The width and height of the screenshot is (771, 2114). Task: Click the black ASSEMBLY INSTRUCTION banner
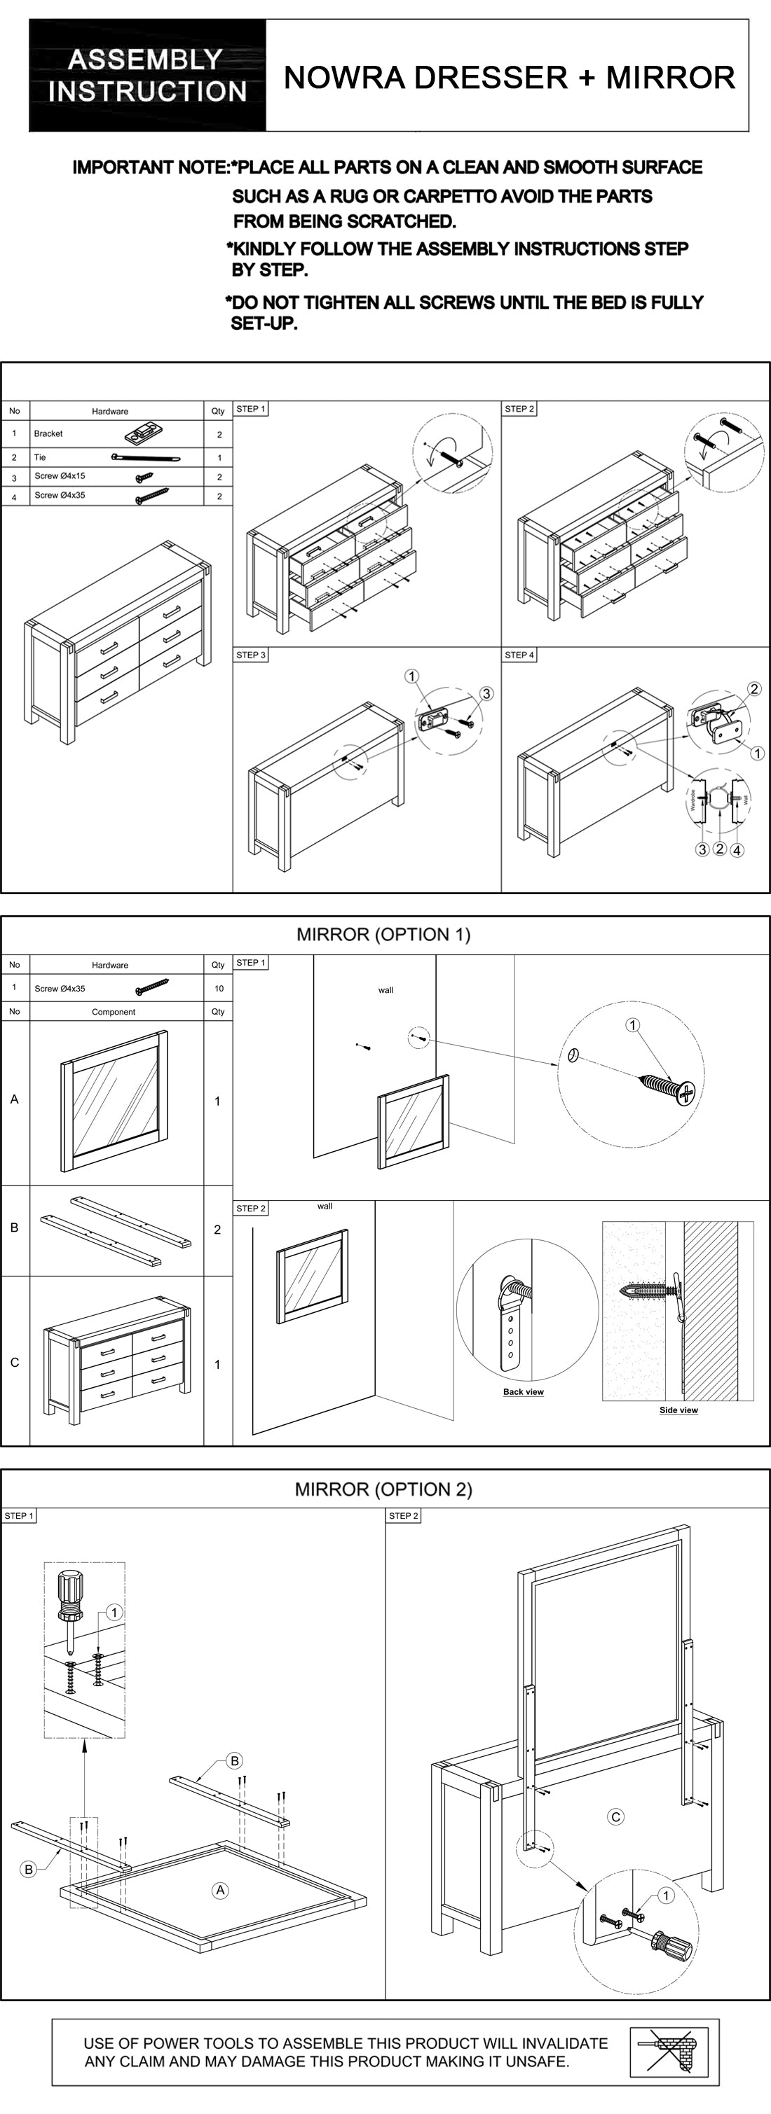click(x=148, y=76)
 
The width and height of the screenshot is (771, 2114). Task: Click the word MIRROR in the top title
click(x=670, y=78)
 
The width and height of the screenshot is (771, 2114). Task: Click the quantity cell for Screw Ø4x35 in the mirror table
click(x=219, y=988)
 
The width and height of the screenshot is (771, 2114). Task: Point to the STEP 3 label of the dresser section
click(x=250, y=655)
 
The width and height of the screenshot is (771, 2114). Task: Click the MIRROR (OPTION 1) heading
click(x=383, y=934)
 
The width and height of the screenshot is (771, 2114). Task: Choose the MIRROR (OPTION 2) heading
click(x=383, y=1489)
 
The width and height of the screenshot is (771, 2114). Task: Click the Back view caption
click(x=523, y=1392)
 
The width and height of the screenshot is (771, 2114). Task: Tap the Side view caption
click(x=678, y=1410)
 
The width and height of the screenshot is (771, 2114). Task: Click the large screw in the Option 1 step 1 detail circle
click(x=667, y=1086)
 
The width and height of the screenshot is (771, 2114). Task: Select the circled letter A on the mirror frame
click(x=220, y=1890)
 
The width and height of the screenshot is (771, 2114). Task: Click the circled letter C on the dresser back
click(x=616, y=1817)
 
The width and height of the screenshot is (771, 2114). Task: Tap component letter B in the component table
click(x=14, y=1228)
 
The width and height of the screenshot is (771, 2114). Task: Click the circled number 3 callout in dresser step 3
click(x=486, y=693)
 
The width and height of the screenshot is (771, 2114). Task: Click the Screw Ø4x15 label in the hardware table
click(x=60, y=476)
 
